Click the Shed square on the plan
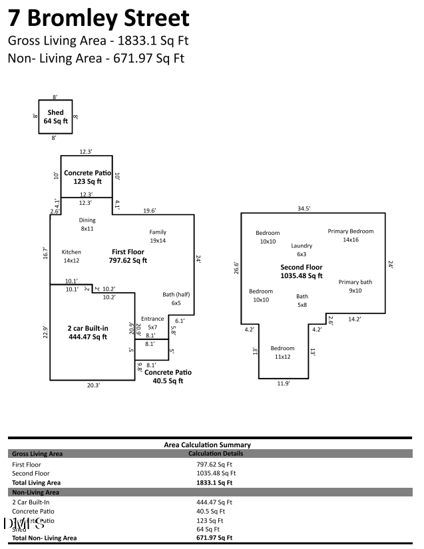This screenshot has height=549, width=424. (55, 117)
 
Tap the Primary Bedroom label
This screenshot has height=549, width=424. (351, 235)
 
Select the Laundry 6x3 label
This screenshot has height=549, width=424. (302, 250)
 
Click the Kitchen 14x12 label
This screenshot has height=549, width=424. (71, 256)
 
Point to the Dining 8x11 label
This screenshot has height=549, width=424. (87, 224)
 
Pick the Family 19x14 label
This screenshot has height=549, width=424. (158, 236)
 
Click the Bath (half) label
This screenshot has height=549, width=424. (176, 298)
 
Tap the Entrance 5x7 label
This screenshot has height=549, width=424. (152, 323)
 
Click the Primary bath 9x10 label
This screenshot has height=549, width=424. (355, 286)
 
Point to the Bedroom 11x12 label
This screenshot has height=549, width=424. (282, 352)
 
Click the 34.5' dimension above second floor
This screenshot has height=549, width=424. (304, 208)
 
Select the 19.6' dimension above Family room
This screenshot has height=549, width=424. (149, 210)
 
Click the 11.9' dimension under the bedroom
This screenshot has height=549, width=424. (283, 383)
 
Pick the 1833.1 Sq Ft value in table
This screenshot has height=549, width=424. (214, 482)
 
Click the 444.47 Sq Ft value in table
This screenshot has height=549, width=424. (214, 502)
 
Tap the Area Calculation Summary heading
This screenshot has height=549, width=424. (207, 445)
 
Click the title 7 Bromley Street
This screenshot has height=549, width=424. (99, 18)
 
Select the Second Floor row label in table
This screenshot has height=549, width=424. (31, 473)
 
